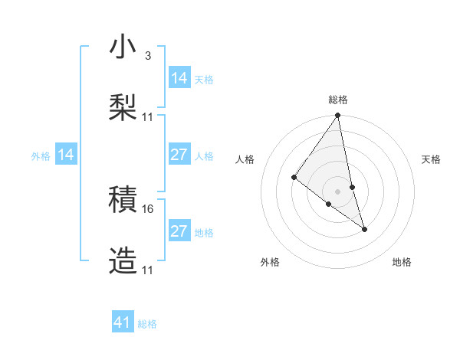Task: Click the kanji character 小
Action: tap(123, 47)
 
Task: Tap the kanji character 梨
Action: tap(123, 108)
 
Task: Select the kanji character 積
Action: tap(123, 201)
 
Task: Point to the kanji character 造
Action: tap(123, 261)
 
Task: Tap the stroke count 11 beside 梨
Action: tap(148, 116)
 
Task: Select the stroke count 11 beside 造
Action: tap(148, 270)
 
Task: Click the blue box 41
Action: tap(123, 322)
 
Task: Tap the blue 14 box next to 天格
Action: tap(179, 78)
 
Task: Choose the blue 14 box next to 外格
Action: tap(66, 155)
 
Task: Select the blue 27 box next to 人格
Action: tap(179, 155)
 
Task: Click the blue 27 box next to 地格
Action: tap(179, 231)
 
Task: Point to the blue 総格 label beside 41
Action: tap(147, 324)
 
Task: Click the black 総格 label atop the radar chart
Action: tap(338, 100)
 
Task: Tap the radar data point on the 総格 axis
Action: tap(338, 116)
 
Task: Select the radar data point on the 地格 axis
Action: tap(364, 229)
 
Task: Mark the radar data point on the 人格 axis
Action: tap(294, 178)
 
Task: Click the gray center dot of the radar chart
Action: tap(338, 191)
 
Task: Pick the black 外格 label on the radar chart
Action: tap(270, 262)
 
